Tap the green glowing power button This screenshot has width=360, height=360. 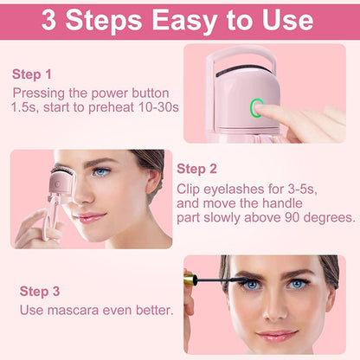pyautogui.click(x=257, y=108)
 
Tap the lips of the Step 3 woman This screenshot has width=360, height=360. pyautogui.click(x=276, y=335)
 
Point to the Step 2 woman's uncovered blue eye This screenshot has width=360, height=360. pyautogui.click(x=102, y=174)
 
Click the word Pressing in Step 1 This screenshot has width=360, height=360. pyautogui.click(x=42, y=93)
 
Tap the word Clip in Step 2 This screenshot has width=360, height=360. pyautogui.click(x=192, y=188)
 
